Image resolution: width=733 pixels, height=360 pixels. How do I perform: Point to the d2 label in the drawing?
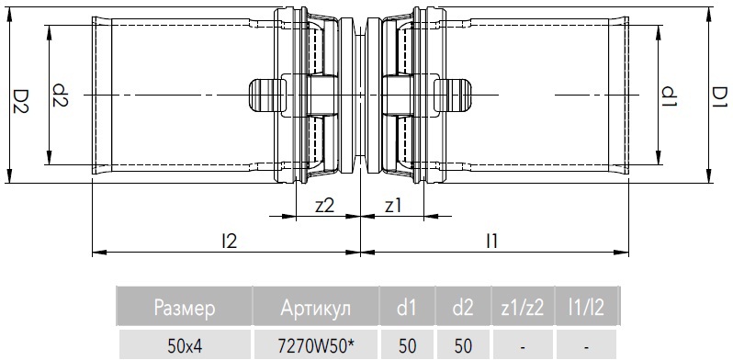click(x=61, y=96)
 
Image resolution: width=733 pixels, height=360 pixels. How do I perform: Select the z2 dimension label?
click(x=325, y=206)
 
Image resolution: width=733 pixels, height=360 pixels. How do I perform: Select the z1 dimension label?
click(x=393, y=206)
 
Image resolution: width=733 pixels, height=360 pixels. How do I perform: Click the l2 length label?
click(x=230, y=242)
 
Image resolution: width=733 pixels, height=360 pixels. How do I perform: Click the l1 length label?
click(x=491, y=242)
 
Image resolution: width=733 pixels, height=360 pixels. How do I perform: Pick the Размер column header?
click(x=185, y=308)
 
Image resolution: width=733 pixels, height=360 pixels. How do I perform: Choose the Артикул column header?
click(x=316, y=308)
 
